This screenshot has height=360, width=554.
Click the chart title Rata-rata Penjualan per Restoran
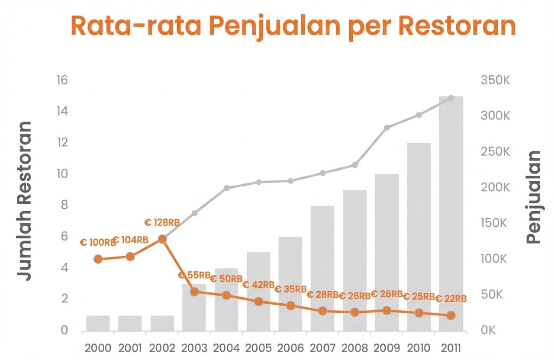pyautogui.click(x=293, y=26)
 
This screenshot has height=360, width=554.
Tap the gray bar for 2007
pyautogui.click(x=322, y=268)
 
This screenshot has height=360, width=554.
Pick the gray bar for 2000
pyautogui.click(x=98, y=323)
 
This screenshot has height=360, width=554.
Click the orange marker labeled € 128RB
pyautogui.click(x=162, y=239)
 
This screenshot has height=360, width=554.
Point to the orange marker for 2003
pyautogui.click(x=194, y=292)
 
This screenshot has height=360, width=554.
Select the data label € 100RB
pyautogui.click(x=98, y=243)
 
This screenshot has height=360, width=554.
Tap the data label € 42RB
pyautogui.click(x=258, y=285)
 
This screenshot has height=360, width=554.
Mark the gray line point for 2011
pyautogui.click(x=451, y=98)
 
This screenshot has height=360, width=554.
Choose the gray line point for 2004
pyautogui.click(x=226, y=188)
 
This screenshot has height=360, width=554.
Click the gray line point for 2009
pyautogui.click(x=387, y=128)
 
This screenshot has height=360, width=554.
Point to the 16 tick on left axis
pyautogui.click(x=61, y=80)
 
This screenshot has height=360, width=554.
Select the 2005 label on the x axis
pyautogui.click(x=258, y=348)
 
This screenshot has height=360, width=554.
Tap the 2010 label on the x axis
pyautogui.click(x=419, y=348)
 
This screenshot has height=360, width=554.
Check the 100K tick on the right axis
pyautogui.click(x=493, y=259)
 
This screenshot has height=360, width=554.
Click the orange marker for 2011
pyautogui.click(x=451, y=315)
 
